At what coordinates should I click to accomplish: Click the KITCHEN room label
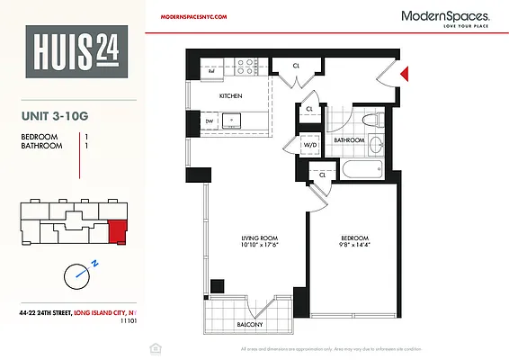[232, 95]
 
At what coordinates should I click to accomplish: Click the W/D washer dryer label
[308, 144]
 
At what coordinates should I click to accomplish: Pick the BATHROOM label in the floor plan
[349, 140]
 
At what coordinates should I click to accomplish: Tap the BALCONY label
[250, 324]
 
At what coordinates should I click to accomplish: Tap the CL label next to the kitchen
[296, 66]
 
